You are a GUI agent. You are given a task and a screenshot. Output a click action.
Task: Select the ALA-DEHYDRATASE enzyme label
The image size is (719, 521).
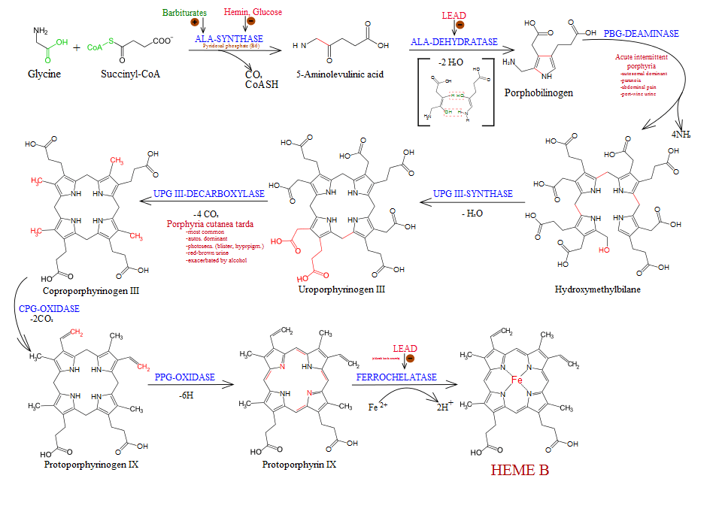[454, 42]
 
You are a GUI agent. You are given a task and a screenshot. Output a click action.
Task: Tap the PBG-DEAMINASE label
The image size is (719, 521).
[641, 34]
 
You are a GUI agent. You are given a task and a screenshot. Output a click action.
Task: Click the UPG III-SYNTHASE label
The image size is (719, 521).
[473, 194]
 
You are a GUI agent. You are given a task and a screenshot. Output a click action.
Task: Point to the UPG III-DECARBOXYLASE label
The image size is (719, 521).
[208, 194]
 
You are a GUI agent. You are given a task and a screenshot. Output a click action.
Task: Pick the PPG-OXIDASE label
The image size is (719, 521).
[185, 376]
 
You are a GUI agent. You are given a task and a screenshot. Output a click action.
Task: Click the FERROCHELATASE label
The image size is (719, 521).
[396, 377]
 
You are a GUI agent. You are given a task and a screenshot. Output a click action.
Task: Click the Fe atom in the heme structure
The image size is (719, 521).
[517, 381]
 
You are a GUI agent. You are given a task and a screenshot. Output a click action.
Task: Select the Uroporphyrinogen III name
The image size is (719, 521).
[341, 289]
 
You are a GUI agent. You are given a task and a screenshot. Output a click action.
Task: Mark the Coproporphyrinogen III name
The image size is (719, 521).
[95, 289]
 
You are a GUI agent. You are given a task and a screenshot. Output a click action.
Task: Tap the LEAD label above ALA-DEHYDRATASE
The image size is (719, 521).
[454, 15]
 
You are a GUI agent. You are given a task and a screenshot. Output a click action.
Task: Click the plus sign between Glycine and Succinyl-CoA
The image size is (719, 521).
[77, 47]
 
